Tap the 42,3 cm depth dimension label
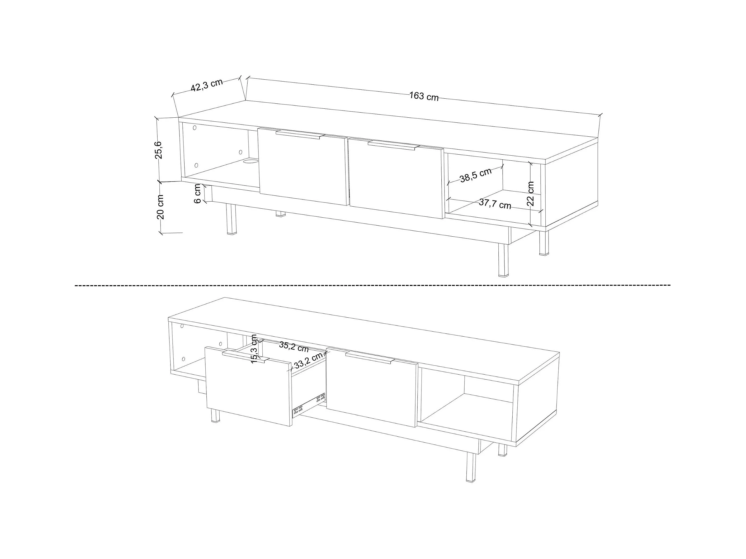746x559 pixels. click(207, 85)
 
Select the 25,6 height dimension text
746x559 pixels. click(158, 150)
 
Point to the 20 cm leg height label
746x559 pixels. click(160, 207)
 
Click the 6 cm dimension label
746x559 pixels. click(198, 193)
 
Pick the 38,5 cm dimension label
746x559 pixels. click(476, 175)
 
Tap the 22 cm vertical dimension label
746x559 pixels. click(531, 193)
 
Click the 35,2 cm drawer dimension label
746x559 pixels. click(294, 347)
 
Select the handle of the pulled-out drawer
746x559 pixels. click(246, 356)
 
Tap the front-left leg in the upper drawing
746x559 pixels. click(231, 219)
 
